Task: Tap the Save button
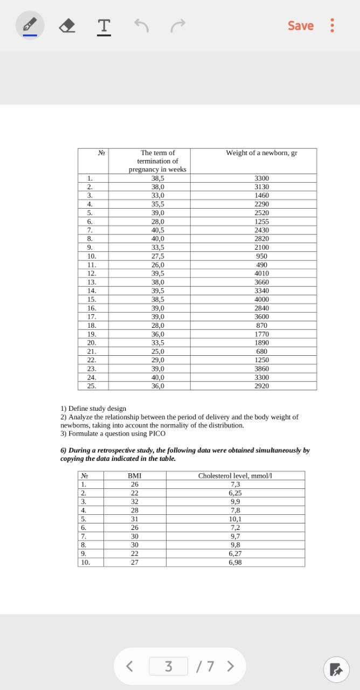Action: [x=300, y=25]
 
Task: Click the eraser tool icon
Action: [x=67, y=25]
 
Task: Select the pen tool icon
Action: [x=30, y=25]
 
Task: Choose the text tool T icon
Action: [x=104, y=25]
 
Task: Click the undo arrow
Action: [x=141, y=25]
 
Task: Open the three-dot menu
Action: [x=333, y=25]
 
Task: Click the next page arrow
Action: [x=231, y=666]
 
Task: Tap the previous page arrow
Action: [x=129, y=666]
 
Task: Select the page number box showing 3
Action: [x=168, y=666]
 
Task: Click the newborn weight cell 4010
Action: [x=261, y=273]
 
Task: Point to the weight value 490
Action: [x=261, y=265]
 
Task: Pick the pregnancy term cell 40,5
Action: [x=157, y=230]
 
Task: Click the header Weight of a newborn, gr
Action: [x=261, y=153]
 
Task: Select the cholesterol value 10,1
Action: [x=235, y=519]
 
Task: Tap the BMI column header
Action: [x=134, y=476]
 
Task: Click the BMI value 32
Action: [x=134, y=502]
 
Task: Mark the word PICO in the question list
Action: [x=157, y=433]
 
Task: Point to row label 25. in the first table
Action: [x=92, y=386]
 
